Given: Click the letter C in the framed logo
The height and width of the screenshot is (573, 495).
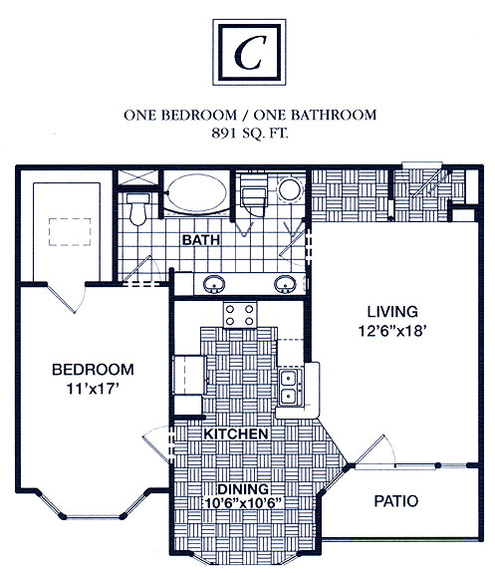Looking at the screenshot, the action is pos(249,53).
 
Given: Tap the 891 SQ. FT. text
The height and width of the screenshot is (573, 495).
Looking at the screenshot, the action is pos(250,133).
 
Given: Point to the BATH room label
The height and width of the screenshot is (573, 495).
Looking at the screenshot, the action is pos(201,240).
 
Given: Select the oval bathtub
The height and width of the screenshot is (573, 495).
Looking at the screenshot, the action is pos(196,192).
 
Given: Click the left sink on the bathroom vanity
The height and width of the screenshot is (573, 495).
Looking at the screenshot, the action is pos(214,284).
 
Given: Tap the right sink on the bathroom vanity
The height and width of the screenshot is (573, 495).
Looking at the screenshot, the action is pos(285,284).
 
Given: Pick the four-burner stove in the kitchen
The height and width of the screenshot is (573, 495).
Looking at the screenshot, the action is pos(240,315).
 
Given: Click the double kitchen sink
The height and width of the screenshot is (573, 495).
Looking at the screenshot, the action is pos(291,387).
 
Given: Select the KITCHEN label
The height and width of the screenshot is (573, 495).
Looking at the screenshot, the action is pos(236,433).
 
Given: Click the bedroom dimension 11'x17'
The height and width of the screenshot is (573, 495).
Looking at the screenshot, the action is pos(94,389).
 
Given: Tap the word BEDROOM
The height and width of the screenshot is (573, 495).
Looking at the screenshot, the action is pos(94,370).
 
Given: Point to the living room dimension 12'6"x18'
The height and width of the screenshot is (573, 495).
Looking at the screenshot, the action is pos(392,331).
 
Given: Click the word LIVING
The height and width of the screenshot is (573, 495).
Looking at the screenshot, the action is pos(392,312).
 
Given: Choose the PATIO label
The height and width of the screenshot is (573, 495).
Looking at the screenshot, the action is pos(396,501).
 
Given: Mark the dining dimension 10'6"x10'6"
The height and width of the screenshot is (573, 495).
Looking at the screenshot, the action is pos(243,503).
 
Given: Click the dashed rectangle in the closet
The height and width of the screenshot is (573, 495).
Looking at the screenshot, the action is pos(70,231).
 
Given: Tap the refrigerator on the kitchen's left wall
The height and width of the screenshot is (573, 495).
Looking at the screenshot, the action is pos(189,375).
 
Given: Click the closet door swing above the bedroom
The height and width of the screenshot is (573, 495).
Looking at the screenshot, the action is pos(67,298).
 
